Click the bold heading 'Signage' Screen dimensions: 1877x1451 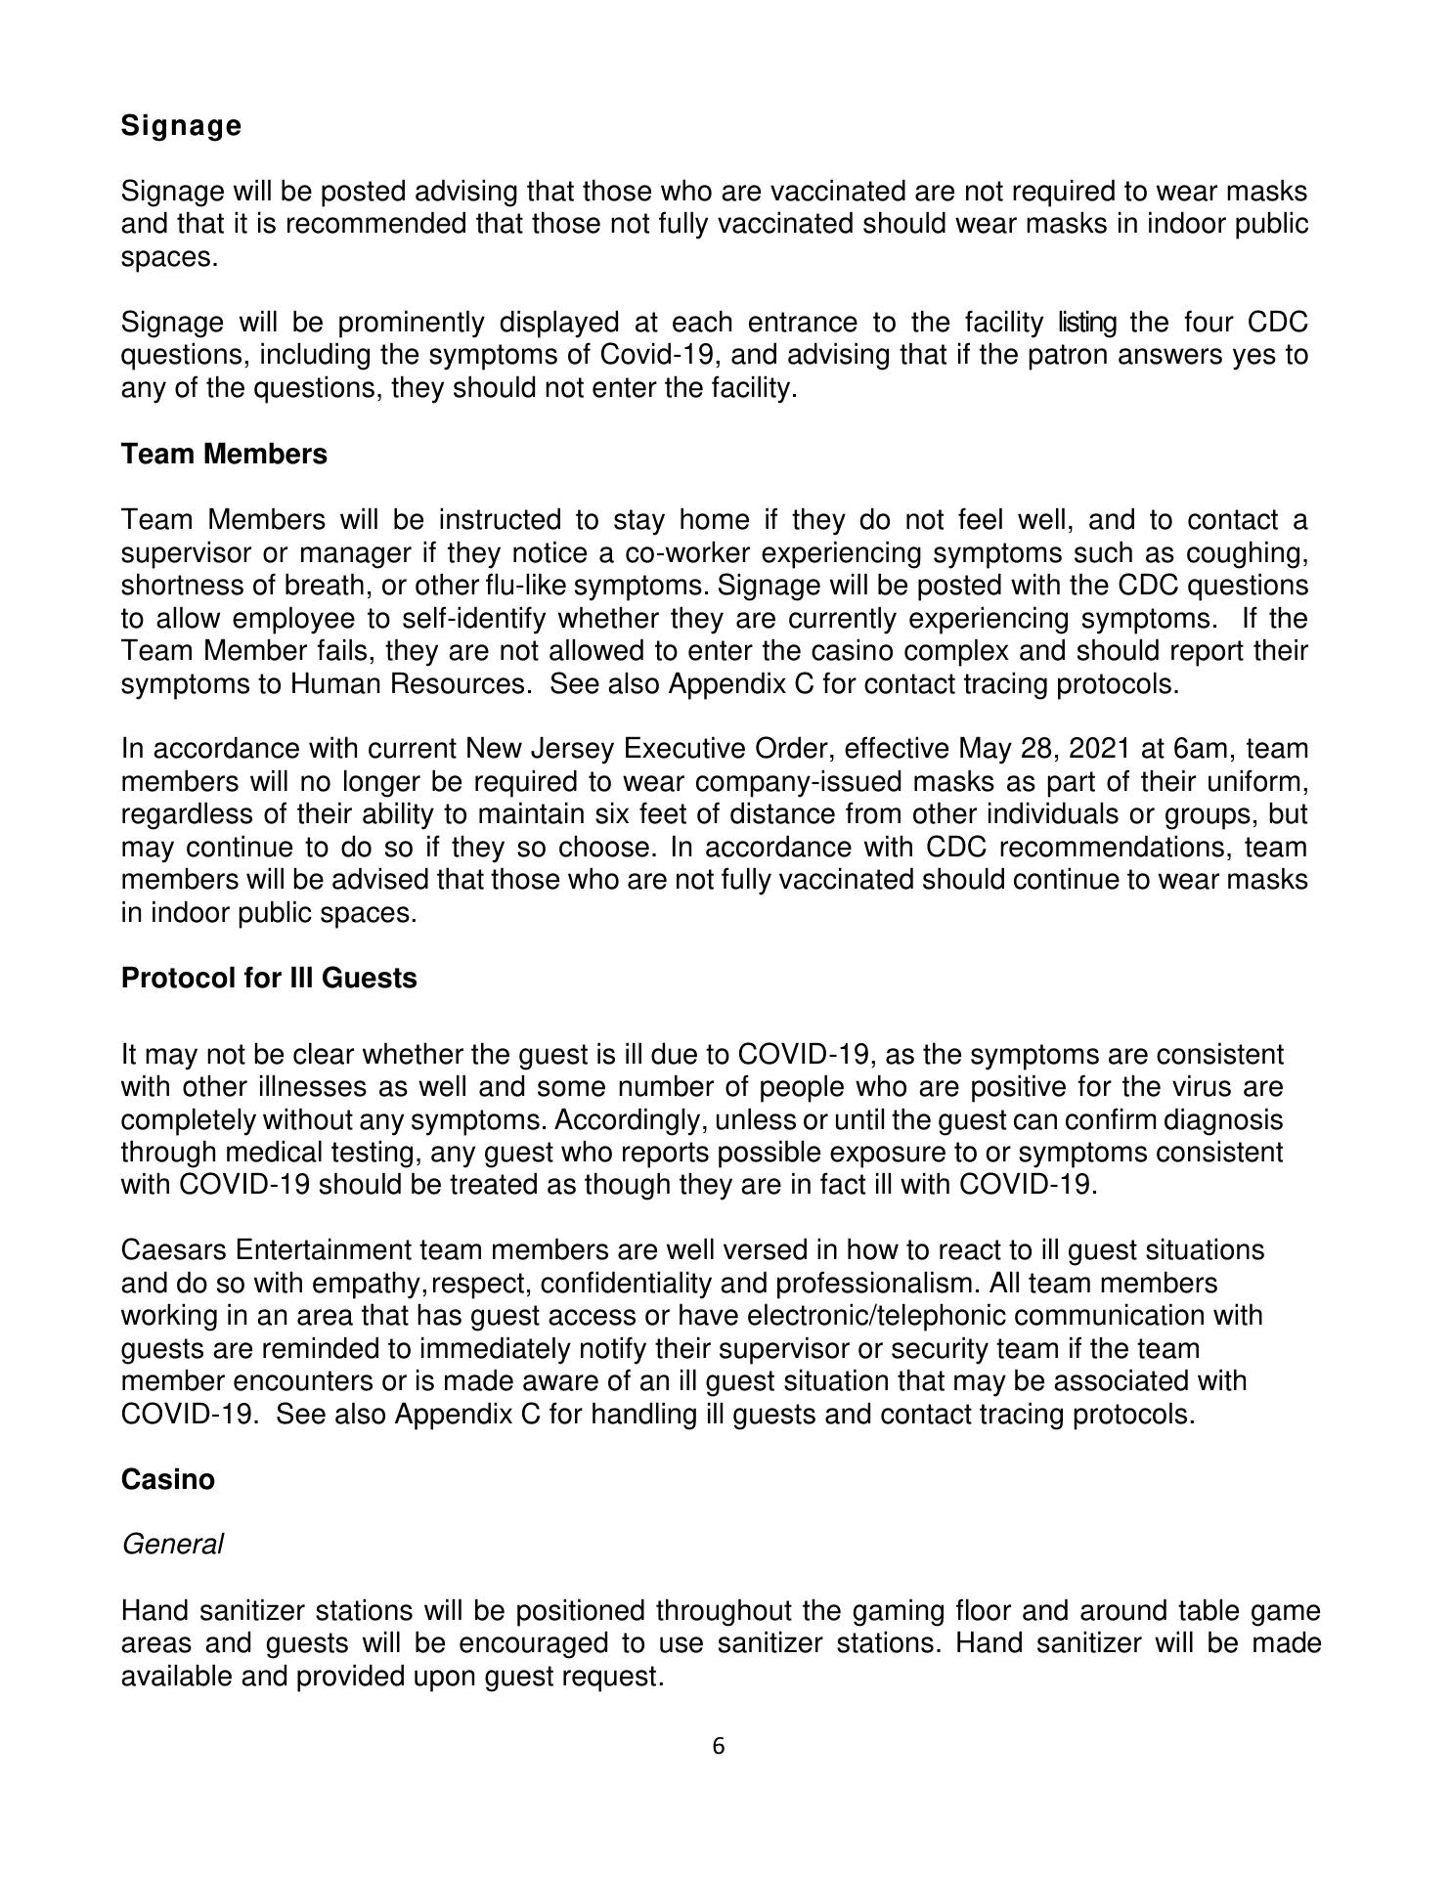[181, 126]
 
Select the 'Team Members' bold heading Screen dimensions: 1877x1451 [224, 455]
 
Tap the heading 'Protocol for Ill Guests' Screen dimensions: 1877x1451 [269, 979]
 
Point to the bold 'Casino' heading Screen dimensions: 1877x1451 [167, 1480]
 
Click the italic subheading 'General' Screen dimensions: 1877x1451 [172, 1545]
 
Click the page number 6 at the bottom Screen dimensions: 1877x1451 [719, 1746]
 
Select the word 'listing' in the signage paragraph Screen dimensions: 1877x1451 [1088, 323]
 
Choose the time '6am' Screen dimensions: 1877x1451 [1203, 750]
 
